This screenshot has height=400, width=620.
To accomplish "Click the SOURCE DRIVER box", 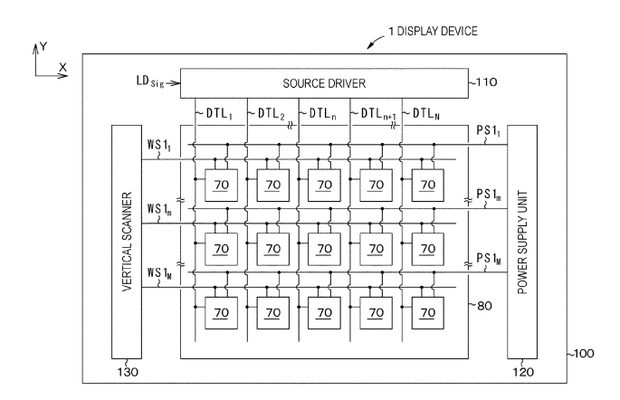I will point(324,83).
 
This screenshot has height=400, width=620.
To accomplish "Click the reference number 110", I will point(484,84).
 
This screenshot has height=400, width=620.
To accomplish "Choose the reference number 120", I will point(522,370).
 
